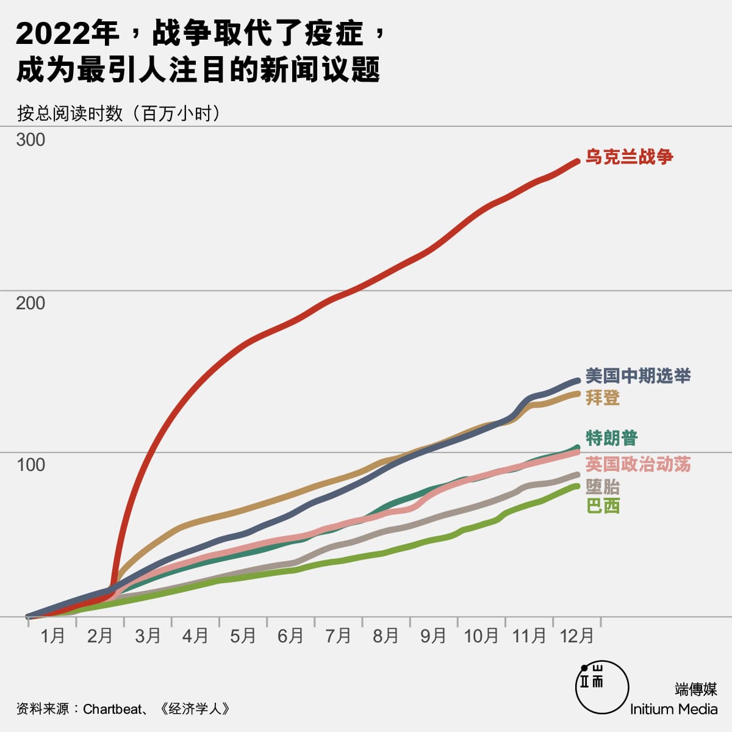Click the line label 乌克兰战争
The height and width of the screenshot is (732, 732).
(629, 157)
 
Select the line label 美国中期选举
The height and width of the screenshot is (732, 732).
(637, 375)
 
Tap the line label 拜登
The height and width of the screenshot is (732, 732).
(603, 398)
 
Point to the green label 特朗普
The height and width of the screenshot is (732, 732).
(611, 437)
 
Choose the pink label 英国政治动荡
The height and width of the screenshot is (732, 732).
(637, 464)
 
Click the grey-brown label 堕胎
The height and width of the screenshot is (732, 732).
(603, 486)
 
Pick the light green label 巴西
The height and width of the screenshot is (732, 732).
(603, 506)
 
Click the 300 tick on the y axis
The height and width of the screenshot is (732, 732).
(30, 140)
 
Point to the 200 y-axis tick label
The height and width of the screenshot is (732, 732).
(30, 303)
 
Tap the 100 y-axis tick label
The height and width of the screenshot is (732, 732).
(30, 465)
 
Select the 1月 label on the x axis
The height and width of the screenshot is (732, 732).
(52, 636)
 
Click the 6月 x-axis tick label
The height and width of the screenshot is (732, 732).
(290, 636)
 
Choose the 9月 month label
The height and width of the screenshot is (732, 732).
(433, 636)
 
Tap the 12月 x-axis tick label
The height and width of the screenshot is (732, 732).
(576, 636)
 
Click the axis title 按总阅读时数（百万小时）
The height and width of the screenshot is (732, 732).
(118, 113)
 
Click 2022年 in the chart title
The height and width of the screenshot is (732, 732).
(67, 34)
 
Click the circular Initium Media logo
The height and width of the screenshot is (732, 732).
(602, 687)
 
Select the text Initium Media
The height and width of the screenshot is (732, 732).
(673, 709)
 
